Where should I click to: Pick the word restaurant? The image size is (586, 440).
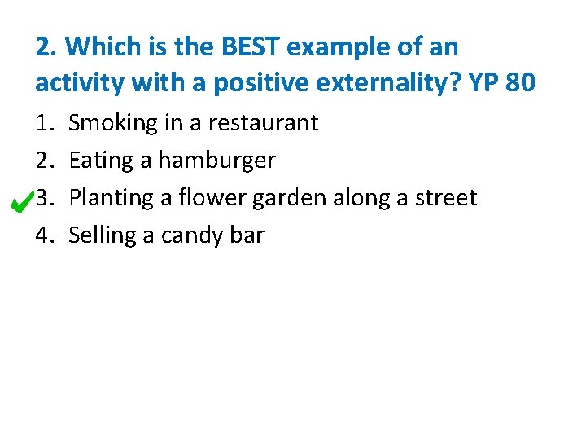coord(264,123)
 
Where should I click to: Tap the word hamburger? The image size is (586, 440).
coord(216,161)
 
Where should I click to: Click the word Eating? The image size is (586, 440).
coord(102,161)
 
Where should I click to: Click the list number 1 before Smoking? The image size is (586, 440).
coord(42,123)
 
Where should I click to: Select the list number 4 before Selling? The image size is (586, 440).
coord(43,235)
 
